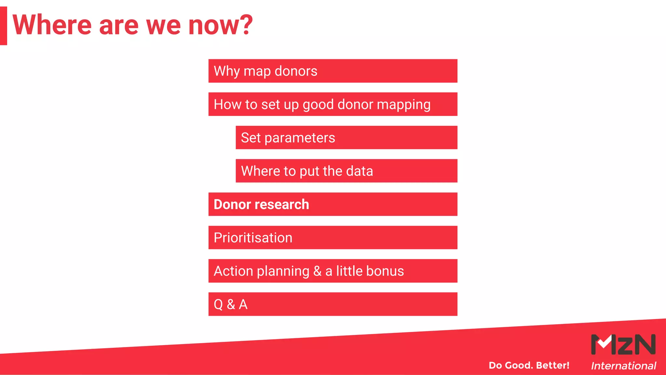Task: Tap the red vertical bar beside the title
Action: pos(3,26)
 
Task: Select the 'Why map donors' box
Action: pos(333,71)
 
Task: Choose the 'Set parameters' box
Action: pos(346,138)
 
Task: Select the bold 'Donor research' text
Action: pos(261,204)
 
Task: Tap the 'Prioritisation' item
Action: pos(253,238)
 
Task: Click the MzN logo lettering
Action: pos(623,344)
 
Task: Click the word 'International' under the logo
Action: pos(623,366)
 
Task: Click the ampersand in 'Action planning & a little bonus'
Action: pos(317,271)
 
